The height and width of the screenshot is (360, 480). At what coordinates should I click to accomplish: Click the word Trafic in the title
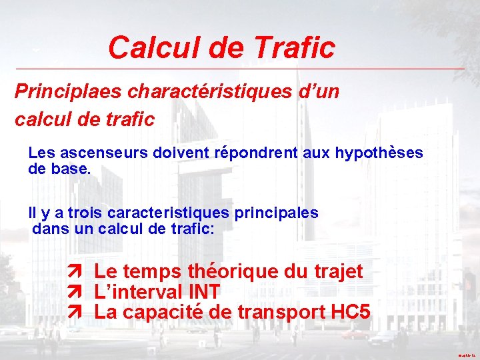click(294, 47)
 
